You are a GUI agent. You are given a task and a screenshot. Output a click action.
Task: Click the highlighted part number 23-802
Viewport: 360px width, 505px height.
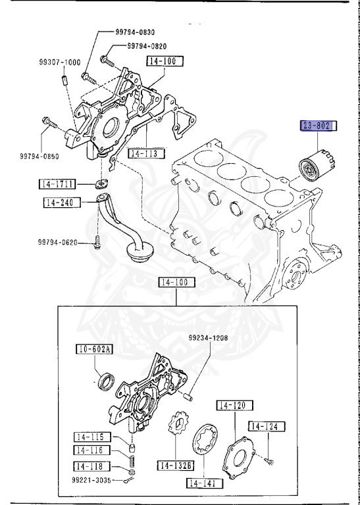point(319,125)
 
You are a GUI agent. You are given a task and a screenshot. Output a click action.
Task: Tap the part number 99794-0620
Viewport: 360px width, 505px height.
point(56,242)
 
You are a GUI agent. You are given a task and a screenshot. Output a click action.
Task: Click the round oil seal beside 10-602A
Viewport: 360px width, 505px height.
point(105,381)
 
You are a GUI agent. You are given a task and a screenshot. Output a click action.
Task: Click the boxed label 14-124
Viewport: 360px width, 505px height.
point(268,427)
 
